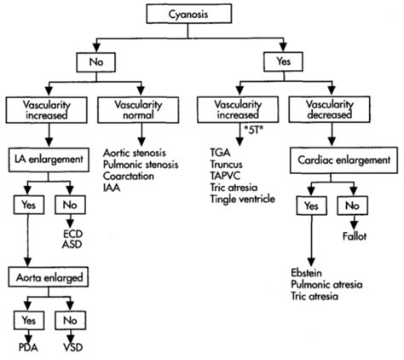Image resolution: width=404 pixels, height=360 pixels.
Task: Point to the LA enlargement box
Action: pyautogui.click(x=51, y=158)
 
